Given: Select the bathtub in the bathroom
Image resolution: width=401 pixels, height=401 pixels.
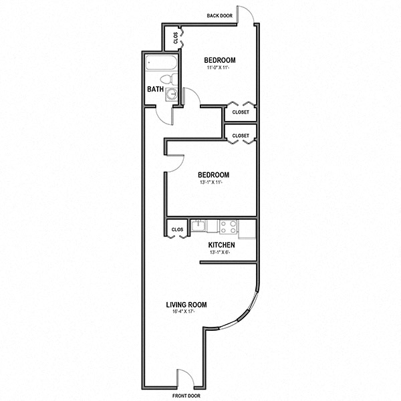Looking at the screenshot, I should point(161,65).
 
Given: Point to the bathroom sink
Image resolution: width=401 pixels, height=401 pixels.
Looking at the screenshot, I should point(172,95).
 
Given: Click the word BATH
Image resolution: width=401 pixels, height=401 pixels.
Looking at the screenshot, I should point(156,89).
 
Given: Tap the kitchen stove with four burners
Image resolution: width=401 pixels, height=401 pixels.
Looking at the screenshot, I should point(228,227).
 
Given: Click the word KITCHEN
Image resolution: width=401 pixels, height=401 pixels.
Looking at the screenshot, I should point(221,245).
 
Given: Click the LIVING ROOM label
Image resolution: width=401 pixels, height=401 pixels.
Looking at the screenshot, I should point(186,305).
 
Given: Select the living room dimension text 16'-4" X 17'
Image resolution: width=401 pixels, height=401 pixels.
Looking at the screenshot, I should point(186,313).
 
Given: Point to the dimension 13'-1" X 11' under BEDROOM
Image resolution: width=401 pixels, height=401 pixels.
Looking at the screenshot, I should point(214,183).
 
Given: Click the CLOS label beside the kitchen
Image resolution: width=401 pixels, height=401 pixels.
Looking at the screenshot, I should point(177,229).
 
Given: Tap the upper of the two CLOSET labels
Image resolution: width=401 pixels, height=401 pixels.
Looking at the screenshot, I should point(241,112).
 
